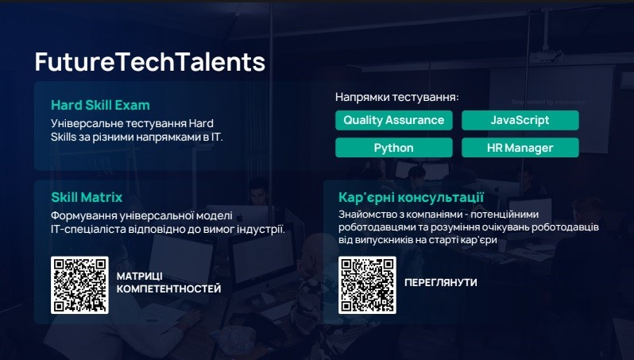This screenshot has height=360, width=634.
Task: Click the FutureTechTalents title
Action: (x=150, y=61)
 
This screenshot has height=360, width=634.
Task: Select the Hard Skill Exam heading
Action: (x=100, y=105)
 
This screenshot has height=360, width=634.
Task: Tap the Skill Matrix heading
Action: (x=87, y=197)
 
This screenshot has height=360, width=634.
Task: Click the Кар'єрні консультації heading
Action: (x=411, y=198)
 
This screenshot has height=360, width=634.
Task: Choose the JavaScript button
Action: (x=520, y=120)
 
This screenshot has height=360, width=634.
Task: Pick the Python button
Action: (x=394, y=148)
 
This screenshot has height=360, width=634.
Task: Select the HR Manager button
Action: (x=520, y=148)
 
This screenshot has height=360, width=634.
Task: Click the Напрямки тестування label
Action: (x=397, y=97)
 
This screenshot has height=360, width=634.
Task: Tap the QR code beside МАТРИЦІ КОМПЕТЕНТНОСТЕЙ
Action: (x=79, y=285)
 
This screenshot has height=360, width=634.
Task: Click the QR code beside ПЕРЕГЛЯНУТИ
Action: (x=367, y=285)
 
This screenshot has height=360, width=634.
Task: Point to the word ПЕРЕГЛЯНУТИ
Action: (x=441, y=282)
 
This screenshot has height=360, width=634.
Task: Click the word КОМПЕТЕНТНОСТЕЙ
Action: (x=169, y=288)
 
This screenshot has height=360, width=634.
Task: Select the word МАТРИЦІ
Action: (x=140, y=277)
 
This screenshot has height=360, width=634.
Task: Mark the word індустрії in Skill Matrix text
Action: (x=265, y=229)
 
